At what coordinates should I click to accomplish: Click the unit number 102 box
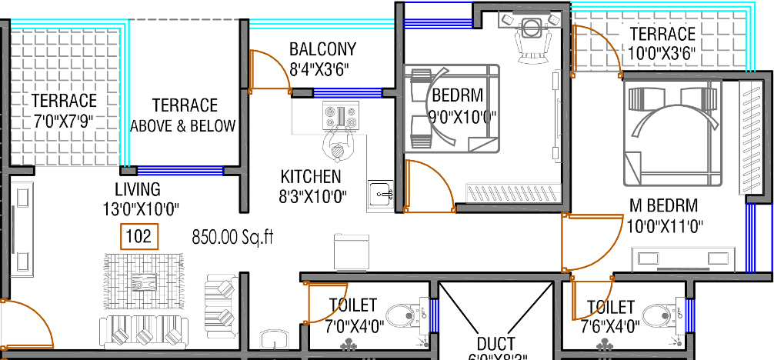(139, 237)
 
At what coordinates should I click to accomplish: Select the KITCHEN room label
(311, 176)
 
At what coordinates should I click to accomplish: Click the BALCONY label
(322, 50)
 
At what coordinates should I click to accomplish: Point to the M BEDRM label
(663, 205)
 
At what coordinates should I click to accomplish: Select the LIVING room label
(138, 189)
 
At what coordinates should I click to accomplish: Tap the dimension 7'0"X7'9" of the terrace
(64, 121)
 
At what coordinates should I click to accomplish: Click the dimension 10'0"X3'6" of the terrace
(662, 54)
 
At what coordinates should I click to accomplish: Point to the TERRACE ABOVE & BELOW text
(183, 115)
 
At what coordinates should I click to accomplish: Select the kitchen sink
(380, 192)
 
